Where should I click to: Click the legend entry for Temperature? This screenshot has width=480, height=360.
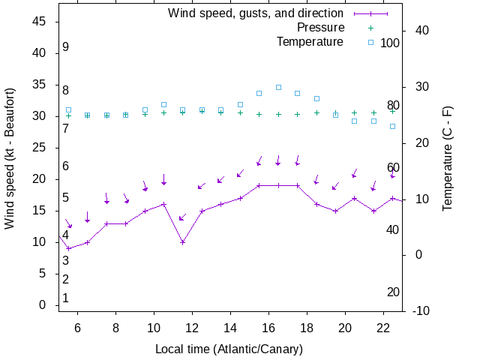pos(310,42)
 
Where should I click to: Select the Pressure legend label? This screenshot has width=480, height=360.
pos(320,28)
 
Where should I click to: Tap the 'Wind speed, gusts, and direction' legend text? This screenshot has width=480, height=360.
pos(255,13)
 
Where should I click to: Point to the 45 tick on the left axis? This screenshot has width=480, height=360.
pos(41,22)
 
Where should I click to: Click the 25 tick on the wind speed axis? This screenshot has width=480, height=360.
pos(41,148)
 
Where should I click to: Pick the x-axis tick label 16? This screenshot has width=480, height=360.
pos(268,328)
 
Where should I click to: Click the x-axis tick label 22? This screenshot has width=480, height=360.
pos(383,328)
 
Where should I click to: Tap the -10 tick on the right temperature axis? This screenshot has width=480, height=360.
pos(421,310)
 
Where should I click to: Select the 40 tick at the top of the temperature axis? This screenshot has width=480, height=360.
pos(421,31)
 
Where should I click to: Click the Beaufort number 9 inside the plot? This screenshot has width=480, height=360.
pos(66,47)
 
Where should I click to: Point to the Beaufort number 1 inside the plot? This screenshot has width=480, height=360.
pos(66,298)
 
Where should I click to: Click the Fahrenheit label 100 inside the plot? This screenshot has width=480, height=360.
pos(390,43)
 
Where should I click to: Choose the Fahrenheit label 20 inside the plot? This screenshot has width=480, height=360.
pos(393,292)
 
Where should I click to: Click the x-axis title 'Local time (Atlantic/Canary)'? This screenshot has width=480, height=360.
pos(229,349)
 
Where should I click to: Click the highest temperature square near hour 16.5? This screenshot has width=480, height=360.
pos(278,87)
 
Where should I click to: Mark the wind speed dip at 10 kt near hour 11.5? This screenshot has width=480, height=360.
pos(183,242)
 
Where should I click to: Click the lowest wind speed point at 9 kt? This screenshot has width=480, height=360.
pos(68,248)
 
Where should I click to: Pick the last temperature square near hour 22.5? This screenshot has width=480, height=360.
pos(392,126)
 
